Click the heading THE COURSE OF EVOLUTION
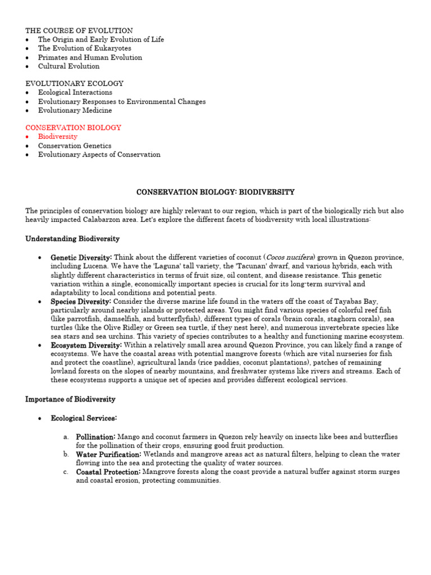(x=79, y=30)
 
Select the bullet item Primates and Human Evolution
(x=90, y=57)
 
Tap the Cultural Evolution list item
(x=68, y=66)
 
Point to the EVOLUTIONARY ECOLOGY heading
(x=74, y=84)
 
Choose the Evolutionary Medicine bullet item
(x=75, y=111)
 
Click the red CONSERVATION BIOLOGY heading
(x=73, y=128)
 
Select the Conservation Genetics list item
(x=75, y=146)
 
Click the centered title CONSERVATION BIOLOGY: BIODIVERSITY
(x=215, y=192)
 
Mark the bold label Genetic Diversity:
(x=85, y=257)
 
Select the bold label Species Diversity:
(x=81, y=302)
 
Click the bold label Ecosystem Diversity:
(x=86, y=345)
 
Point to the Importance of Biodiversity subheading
(x=70, y=399)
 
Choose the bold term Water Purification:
(x=109, y=454)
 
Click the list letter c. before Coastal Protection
(x=66, y=472)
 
